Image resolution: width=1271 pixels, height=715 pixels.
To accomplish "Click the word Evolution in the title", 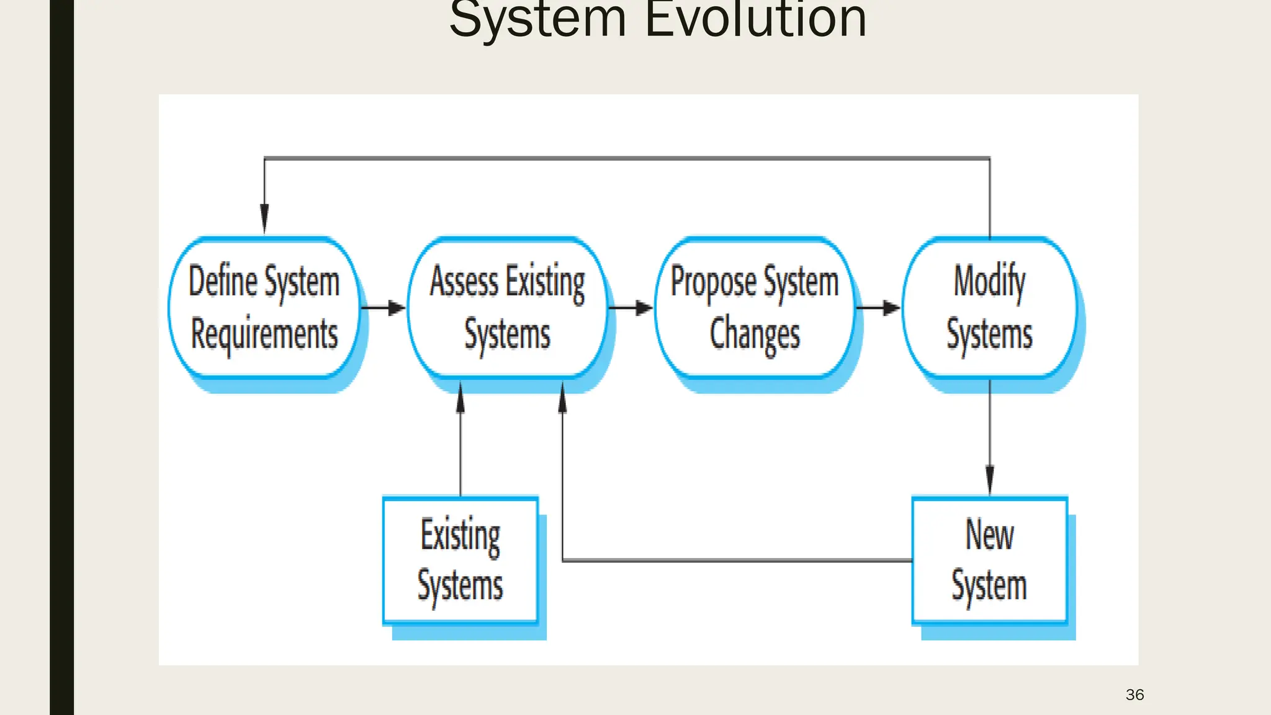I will point(755,20).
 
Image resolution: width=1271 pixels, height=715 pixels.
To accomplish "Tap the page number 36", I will point(1134,695).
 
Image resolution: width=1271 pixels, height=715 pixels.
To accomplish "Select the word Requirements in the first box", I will point(264,334).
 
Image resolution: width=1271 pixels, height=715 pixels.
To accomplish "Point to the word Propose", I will point(713,282).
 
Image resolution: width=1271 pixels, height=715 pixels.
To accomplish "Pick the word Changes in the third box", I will point(755,334).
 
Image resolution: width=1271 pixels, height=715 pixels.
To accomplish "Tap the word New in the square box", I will point(989,534).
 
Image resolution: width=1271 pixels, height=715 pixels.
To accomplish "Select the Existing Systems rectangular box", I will point(460,560).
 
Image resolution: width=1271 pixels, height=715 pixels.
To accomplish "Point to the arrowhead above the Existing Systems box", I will point(460,398).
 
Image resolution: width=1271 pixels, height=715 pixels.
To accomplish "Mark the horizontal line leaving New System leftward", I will point(739,560).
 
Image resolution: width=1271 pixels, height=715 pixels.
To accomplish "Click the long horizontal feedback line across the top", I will point(627,158).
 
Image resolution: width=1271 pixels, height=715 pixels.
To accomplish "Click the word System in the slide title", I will point(537,20).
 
